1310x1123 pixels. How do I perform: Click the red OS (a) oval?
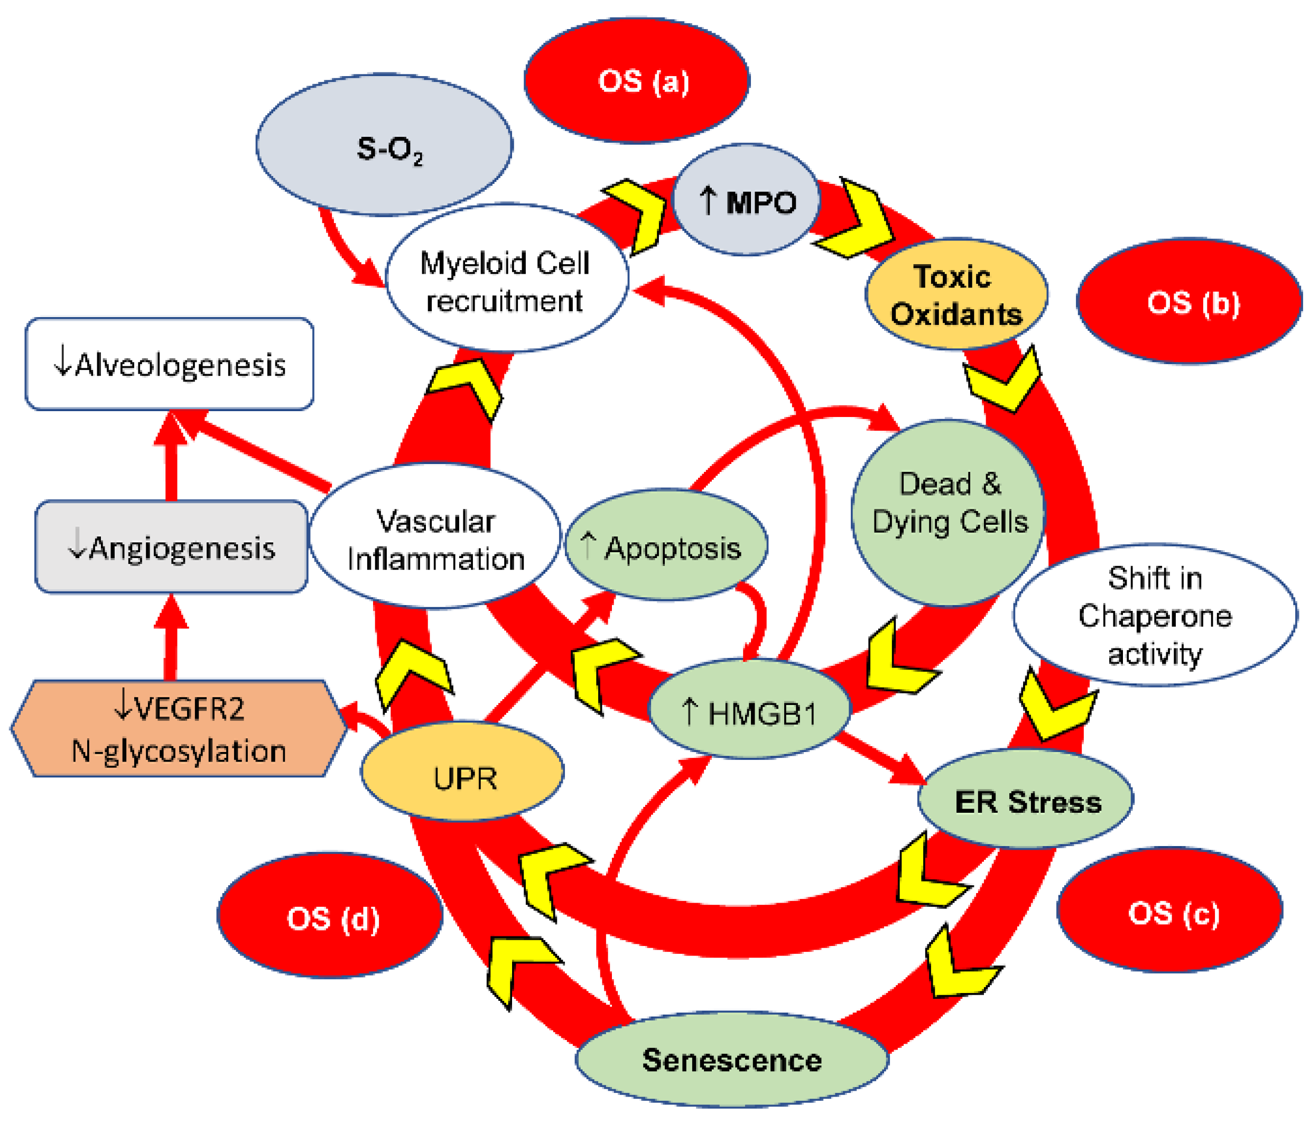tap(637, 81)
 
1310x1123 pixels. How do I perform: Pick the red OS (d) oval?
tap(330, 917)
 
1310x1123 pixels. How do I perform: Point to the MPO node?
tap(746, 201)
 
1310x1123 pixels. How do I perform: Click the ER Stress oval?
tap(1026, 801)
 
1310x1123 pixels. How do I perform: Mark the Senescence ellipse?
tap(732, 1060)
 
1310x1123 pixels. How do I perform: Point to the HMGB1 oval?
tap(750, 712)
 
